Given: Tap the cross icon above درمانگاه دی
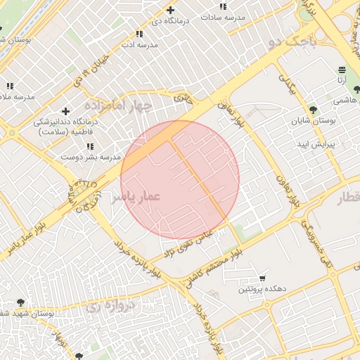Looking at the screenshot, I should click(170, 10).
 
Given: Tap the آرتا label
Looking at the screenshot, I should click(342, 81).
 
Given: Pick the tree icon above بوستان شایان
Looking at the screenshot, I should click(313, 110).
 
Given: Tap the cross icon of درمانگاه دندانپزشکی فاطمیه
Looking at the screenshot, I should click(65, 111).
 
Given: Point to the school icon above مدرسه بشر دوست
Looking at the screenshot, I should click(90, 146).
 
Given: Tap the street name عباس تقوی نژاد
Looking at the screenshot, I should click(188, 241).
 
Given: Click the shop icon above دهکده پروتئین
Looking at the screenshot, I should click(262, 278).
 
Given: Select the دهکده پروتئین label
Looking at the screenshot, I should click(262, 289).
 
